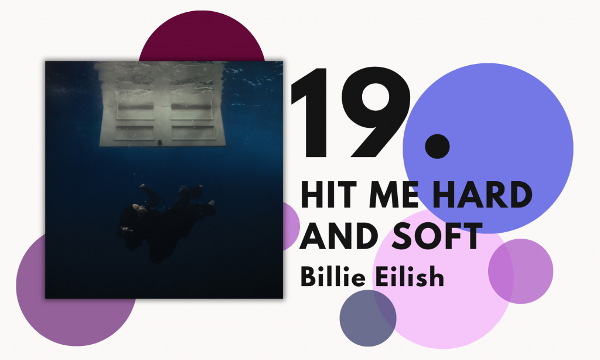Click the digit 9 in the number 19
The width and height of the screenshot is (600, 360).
coord(376,112)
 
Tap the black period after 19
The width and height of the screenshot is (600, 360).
coord(437,147)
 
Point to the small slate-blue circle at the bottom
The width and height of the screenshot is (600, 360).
coord(368,318)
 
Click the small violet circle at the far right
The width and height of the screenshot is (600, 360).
coord(521,271)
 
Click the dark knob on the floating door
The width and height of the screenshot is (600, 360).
coord(160,142)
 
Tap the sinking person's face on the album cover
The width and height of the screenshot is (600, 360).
coord(138,208)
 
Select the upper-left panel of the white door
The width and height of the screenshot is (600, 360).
coord(135,111)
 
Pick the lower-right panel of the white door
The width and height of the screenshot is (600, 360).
coord(193,133)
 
